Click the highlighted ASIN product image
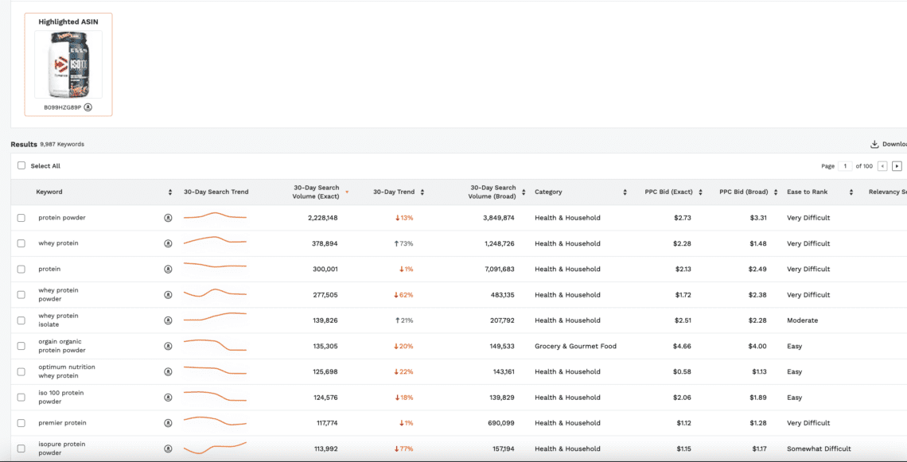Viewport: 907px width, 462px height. [x=68, y=65]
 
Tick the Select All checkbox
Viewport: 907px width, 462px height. [x=21, y=166]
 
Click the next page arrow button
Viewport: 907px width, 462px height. [x=897, y=166]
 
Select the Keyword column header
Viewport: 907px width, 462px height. [x=49, y=192]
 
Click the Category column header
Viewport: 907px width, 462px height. [x=548, y=192]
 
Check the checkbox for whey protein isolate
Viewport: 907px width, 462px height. [x=21, y=320]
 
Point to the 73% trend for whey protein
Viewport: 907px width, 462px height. [x=404, y=243]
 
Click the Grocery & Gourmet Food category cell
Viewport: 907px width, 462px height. [x=575, y=346]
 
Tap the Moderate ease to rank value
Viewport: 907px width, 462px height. [x=802, y=320]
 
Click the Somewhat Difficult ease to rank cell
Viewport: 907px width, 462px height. [x=819, y=448]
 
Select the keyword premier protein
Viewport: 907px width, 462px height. [x=62, y=423]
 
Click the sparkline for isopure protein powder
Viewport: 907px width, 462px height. [x=215, y=448]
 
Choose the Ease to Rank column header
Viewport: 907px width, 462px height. [x=808, y=192]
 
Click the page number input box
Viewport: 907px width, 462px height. [x=845, y=166]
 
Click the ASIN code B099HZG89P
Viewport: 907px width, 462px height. [x=63, y=107]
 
